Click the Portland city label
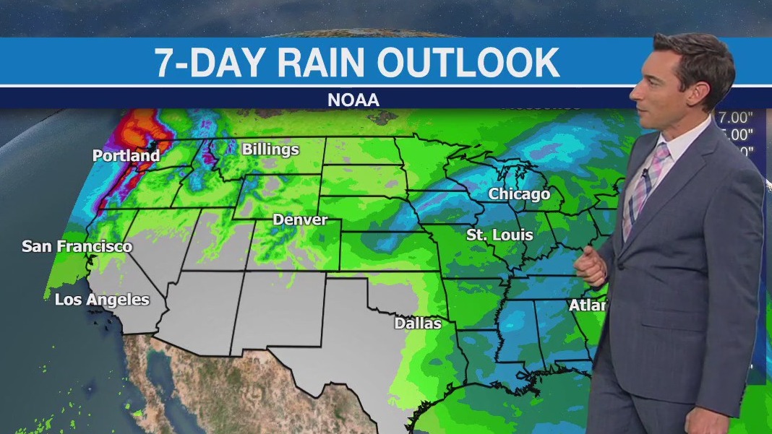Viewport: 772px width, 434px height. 126,155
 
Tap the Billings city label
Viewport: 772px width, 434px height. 270,149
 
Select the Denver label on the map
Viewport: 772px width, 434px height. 300,220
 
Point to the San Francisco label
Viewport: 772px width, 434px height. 77,246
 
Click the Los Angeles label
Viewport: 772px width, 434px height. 102,300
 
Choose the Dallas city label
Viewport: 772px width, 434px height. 417,323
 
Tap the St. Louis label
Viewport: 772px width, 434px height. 499,235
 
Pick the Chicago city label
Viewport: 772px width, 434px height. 519,194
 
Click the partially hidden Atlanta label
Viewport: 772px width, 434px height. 587,305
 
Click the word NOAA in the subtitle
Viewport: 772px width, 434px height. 353,100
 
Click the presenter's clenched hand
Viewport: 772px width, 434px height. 591,266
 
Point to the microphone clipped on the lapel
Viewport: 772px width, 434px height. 644,173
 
